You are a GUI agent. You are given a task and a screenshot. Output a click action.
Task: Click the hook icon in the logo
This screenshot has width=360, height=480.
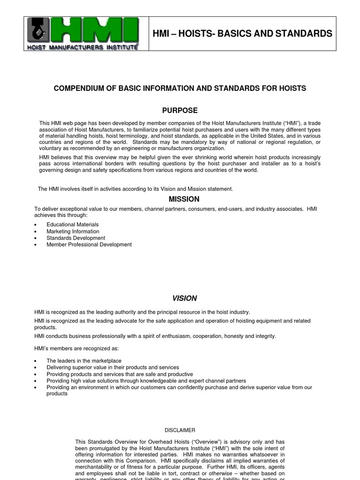pos(37,31)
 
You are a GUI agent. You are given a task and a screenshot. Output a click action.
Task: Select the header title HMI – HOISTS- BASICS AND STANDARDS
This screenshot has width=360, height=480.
pos(242,34)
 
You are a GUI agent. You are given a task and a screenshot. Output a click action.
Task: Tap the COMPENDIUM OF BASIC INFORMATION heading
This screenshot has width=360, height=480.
pos(180,88)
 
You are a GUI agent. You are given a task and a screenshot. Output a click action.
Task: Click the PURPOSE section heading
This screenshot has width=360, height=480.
pos(180,111)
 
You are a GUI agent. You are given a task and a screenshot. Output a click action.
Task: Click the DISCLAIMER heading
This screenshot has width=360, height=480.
pos(180,430)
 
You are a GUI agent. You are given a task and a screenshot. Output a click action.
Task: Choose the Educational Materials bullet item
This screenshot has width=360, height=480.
pos(73,225)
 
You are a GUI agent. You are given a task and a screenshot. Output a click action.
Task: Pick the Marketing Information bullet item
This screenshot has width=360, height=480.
pos(73,231)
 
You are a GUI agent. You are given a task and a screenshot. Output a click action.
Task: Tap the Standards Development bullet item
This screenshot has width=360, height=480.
pos(75,238)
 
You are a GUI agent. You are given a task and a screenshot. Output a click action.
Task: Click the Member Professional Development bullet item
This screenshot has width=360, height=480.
pos(89,244)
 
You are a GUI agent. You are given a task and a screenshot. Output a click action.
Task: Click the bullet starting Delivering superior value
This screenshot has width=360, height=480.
pos(112,367)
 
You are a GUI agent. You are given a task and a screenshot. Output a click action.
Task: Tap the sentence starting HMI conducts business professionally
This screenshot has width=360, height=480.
pos(155,336)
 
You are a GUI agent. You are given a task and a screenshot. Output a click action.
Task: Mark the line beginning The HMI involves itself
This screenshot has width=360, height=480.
pos(135,188)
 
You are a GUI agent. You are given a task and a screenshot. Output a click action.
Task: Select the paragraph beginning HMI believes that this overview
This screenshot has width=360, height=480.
pos(180,163)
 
